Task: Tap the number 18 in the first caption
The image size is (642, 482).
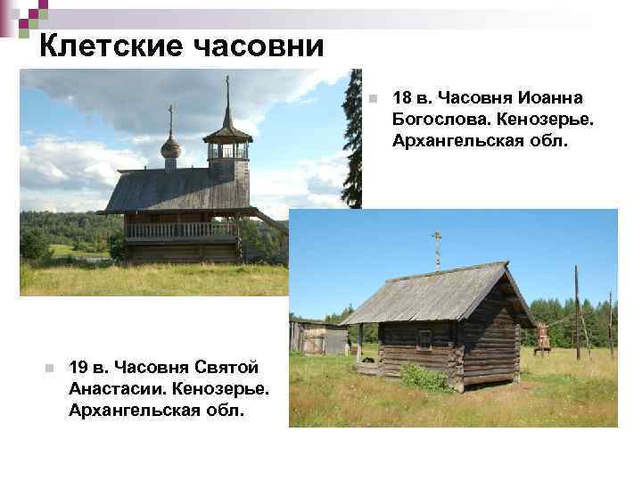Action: coord(400,96)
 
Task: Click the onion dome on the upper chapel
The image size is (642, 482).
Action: coord(170,147)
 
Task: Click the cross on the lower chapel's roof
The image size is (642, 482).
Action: coord(437,245)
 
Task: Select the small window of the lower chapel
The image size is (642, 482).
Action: coord(424,338)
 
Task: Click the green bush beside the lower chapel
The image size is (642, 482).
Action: coord(424,377)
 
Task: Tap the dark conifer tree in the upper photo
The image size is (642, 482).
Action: coord(354,143)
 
